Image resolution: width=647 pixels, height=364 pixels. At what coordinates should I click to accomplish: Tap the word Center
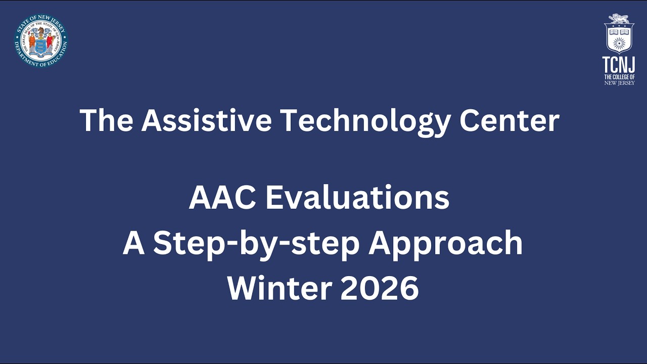coord(510,120)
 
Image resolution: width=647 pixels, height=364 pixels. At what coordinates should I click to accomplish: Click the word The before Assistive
coord(107,120)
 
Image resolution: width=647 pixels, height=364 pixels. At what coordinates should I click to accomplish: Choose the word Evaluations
coord(357,198)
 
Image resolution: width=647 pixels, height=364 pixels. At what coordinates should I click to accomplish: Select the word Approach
coord(445,244)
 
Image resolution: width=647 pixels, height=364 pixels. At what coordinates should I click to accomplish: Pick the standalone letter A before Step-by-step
coord(134,244)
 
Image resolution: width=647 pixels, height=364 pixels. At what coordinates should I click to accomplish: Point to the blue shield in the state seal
coord(41,47)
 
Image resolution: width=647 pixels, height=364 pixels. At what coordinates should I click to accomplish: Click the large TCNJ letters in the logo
coord(619,65)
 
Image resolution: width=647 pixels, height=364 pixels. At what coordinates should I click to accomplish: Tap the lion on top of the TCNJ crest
coord(619,19)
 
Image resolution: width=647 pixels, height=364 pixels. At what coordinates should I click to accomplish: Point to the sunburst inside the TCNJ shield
coord(619,42)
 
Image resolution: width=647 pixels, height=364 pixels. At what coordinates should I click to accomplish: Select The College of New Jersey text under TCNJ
coord(619,79)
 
